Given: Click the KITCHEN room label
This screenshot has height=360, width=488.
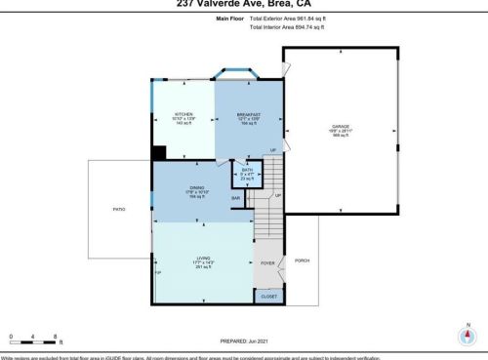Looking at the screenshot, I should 183,114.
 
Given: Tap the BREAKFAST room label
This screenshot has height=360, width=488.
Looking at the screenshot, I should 250,114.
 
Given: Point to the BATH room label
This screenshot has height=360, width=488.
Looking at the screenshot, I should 247,170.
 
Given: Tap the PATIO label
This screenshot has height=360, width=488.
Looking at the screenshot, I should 119,209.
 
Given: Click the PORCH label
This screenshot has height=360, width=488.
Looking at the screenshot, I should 302,260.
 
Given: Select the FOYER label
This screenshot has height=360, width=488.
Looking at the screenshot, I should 267,263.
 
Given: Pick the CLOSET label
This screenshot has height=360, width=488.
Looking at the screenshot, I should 268,296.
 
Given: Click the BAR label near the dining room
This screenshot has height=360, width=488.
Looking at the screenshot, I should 235,199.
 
